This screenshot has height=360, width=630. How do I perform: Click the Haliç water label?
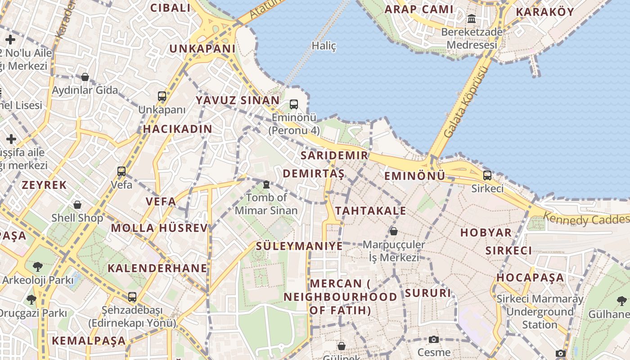tap(324, 46)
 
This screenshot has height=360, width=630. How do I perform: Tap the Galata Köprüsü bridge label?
tap(466, 103)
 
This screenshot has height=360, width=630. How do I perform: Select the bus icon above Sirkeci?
tap(487, 175)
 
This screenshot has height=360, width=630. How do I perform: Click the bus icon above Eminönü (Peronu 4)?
tap(294, 104)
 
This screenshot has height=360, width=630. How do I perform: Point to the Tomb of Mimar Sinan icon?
tap(266, 184)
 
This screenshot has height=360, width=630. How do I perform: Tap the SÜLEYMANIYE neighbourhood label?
tap(299, 246)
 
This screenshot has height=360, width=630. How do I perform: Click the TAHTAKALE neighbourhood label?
tap(370, 211)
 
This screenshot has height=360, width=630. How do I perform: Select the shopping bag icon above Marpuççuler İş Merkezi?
tap(394, 231)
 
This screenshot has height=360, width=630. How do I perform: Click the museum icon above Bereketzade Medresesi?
tap(472, 19)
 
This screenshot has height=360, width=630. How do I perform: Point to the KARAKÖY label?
tap(544, 12)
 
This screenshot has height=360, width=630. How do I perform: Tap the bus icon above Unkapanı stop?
tap(162, 96)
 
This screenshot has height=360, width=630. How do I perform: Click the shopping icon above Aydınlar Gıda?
tap(85, 77)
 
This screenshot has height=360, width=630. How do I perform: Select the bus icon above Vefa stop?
tap(121, 171)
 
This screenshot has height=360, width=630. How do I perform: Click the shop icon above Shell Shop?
tap(77, 205)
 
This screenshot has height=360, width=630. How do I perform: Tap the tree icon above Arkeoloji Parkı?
tap(38, 267)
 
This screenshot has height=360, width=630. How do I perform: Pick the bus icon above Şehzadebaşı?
tap(132, 297)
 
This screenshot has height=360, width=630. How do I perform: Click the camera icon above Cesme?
tap(434, 339)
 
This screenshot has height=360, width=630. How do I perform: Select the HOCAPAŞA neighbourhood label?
tap(530, 277)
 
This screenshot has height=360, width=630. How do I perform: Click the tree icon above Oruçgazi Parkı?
tap(31, 299)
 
